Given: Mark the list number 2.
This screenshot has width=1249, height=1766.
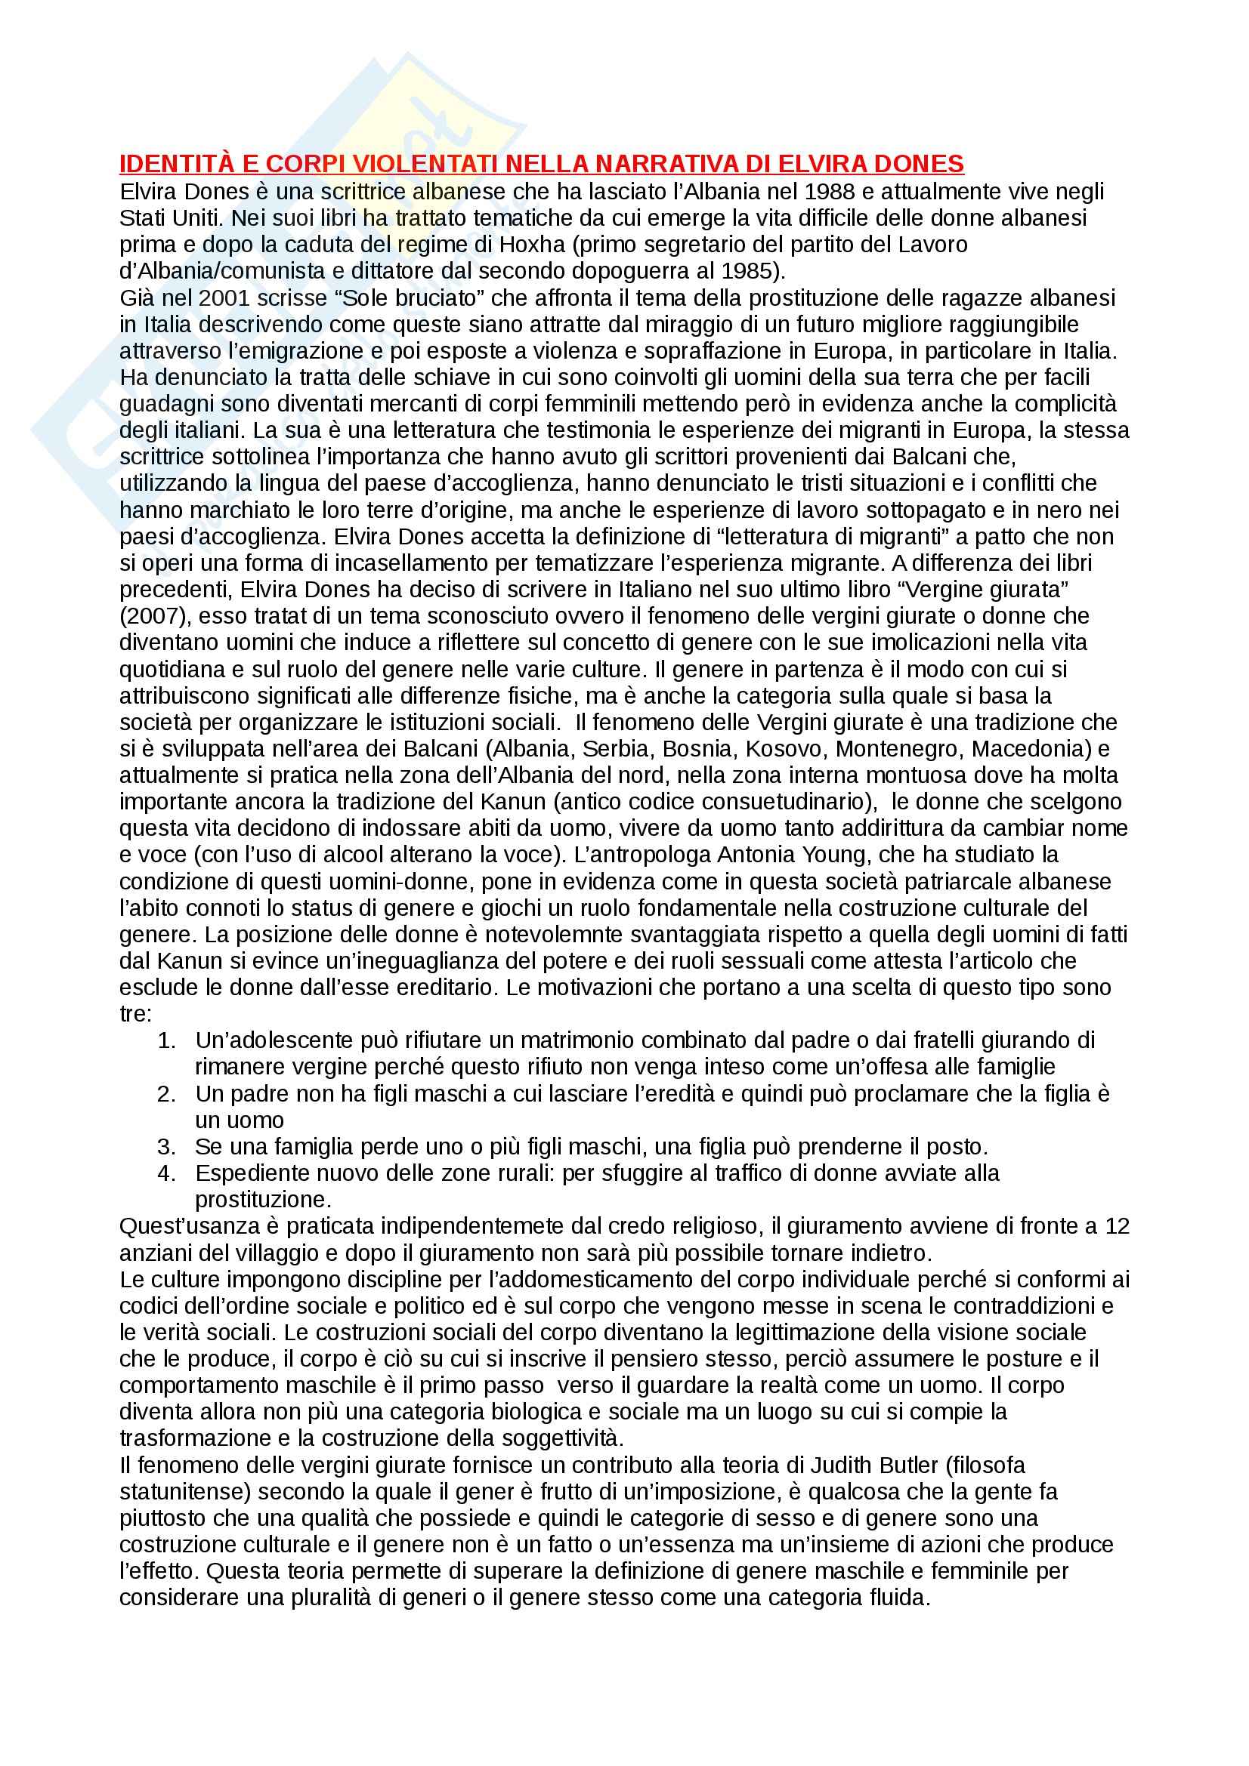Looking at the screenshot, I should (166, 1094).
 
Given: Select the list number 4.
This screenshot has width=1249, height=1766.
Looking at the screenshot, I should (166, 1173).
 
